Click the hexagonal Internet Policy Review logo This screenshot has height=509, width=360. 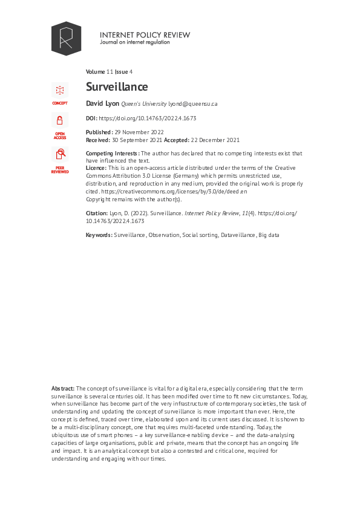(x=66, y=38)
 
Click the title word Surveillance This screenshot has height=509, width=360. (x=117, y=87)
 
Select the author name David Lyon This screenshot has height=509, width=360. (x=102, y=103)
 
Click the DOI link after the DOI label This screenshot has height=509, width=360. (x=147, y=118)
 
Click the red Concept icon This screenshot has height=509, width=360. (x=60, y=91)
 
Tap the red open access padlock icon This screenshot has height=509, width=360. (x=60, y=120)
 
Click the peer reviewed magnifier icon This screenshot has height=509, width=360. (x=60, y=155)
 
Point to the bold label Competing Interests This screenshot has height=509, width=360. (x=113, y=154)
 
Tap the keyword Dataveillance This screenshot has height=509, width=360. (x=238, y=234)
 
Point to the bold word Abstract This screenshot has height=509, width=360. (x=62, y=387)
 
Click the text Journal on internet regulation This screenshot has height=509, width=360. (x=135, y=43)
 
